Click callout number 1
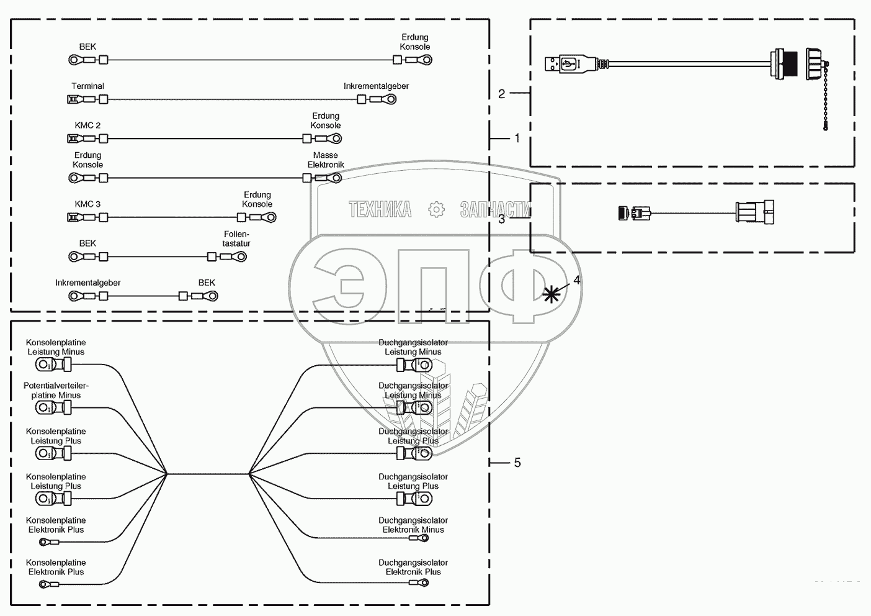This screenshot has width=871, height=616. (517, 138)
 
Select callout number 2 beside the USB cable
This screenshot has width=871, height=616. (501, 94)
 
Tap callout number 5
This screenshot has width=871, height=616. (517, 463)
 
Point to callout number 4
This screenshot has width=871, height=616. (576, 280)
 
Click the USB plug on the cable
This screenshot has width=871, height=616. (563, 63)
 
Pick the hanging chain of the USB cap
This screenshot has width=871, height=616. (827, 99)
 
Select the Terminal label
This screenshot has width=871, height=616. (87, 86)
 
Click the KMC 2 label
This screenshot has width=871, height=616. (87, 125)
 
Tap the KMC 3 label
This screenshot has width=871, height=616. (87, 204)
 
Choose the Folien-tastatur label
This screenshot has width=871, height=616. (236, 239)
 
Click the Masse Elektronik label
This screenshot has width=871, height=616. (326, 160)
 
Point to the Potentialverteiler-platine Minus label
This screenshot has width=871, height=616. (56, 391)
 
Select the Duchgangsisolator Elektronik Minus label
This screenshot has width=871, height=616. (413, 525)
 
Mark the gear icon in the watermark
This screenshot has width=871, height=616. (437, 210)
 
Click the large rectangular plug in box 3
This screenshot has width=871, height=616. (754, 212)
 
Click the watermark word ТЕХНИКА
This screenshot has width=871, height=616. (380, 210)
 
